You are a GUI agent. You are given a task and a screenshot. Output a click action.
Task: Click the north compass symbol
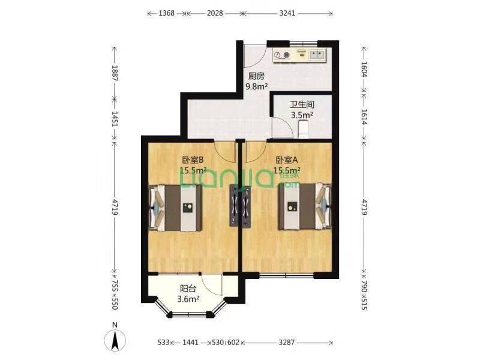coord(115,340)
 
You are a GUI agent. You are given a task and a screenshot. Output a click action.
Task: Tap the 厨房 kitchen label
coord(256,76)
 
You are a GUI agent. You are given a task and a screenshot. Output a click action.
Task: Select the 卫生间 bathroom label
coord(302,104)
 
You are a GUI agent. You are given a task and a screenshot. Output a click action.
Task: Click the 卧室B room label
coord(193,160)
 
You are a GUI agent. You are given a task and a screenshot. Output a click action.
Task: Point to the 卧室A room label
coord(287,160)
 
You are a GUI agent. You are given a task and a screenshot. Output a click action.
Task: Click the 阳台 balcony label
coord(188,289)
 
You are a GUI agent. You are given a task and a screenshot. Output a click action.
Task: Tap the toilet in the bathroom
coord(304,129)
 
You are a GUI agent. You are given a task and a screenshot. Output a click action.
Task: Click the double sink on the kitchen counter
coord(317,55)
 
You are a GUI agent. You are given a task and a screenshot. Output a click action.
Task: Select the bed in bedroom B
coord(175,208)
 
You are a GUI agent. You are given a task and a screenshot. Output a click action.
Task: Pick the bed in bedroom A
coord(305,206)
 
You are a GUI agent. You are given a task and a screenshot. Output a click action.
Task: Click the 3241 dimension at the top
coord(287,13)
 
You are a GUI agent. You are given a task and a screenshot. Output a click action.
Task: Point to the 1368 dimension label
coord(167,13)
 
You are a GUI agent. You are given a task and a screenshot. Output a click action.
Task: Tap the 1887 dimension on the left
coord(115,73)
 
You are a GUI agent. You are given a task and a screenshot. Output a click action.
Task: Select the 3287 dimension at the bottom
coord(287,342)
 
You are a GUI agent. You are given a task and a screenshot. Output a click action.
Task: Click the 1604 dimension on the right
coord(364,69)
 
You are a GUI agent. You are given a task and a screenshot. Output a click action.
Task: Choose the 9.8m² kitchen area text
coord(257,86)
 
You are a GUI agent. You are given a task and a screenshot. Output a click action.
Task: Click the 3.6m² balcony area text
coord(188,299)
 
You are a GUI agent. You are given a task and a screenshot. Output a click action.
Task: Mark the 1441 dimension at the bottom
coord(190,342)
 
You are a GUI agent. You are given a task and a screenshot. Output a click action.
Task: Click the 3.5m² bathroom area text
coord(302,115)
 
